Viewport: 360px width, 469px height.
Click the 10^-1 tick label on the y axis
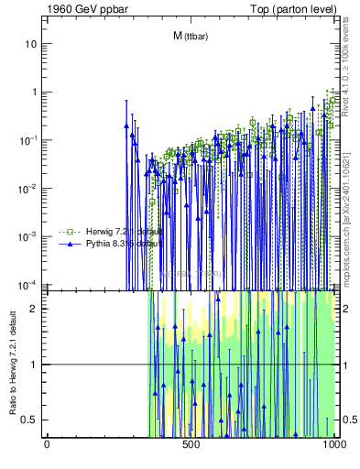[28, 139]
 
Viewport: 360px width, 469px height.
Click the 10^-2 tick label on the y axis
[28, 188]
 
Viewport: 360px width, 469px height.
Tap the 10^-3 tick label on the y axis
[28, 235]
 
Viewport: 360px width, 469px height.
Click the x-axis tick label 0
[48, 444]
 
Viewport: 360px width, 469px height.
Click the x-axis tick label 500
[191, 444]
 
